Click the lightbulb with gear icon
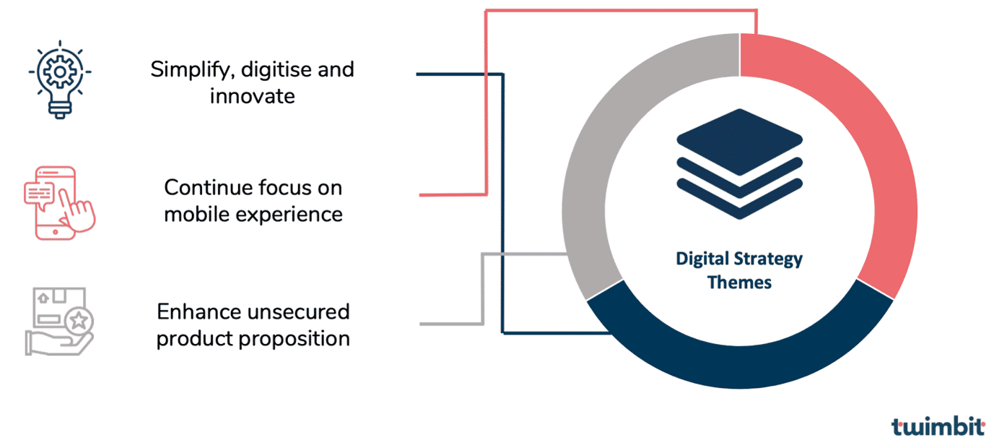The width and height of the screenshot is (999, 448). click(60, 79)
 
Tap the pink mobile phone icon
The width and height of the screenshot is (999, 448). click(60, 203)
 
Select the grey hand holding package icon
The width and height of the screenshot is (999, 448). click(59, 322)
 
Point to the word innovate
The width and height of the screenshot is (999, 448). click(253, 96)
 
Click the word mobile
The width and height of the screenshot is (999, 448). click(196, 215)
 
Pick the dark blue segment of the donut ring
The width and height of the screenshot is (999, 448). click(739, 366)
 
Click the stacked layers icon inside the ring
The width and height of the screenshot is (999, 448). click(739, 164)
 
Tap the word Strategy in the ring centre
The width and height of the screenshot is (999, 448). click(768, 259)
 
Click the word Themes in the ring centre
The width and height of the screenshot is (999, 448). click(739, 283)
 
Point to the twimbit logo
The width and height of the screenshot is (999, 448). click(938, 427)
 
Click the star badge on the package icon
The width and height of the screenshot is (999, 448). click(79, 320)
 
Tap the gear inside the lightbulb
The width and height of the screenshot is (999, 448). click(60, 72)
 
